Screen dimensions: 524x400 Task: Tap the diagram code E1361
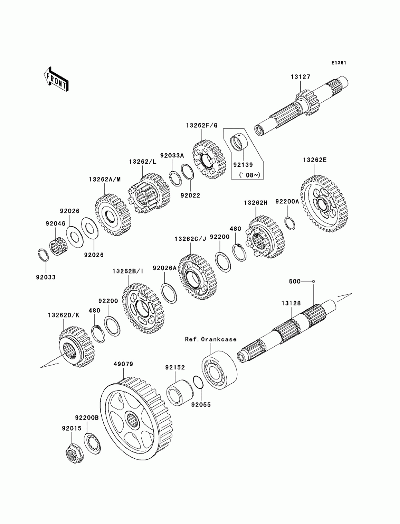click(x=338, y=63)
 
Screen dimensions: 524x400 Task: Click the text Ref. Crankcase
click(x=210, y=339)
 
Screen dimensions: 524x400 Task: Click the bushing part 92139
click(x=239, y=143)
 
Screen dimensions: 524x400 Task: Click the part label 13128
click(x=290, y=304)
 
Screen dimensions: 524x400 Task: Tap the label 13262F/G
click(x=201, y=125)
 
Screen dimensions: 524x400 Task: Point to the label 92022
click(x=190, y=196)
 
